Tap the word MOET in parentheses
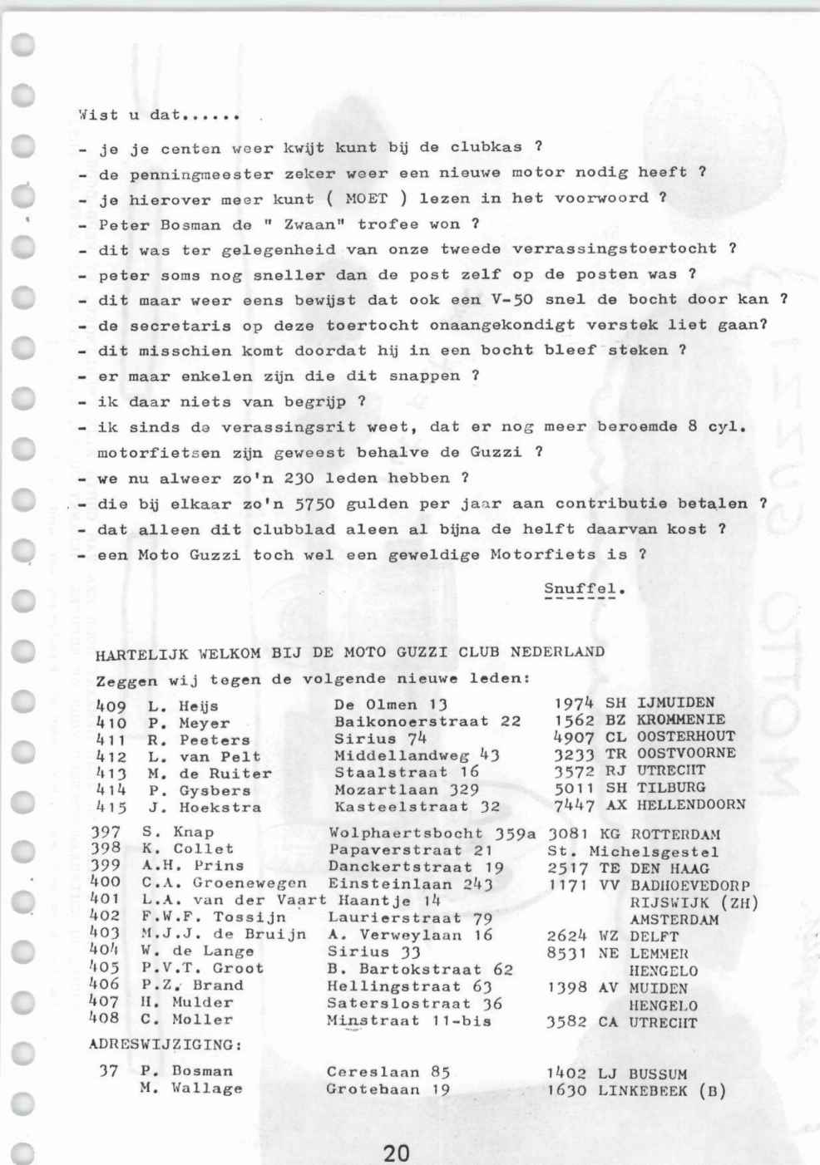[366, 199]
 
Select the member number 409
[111, 705]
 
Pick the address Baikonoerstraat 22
[427, 721]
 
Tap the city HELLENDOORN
[691, 804]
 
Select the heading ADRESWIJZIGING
[165, 1044]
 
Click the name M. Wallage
[191, 1088]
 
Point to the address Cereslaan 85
[388, 1071]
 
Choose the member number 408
[104, 1018]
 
